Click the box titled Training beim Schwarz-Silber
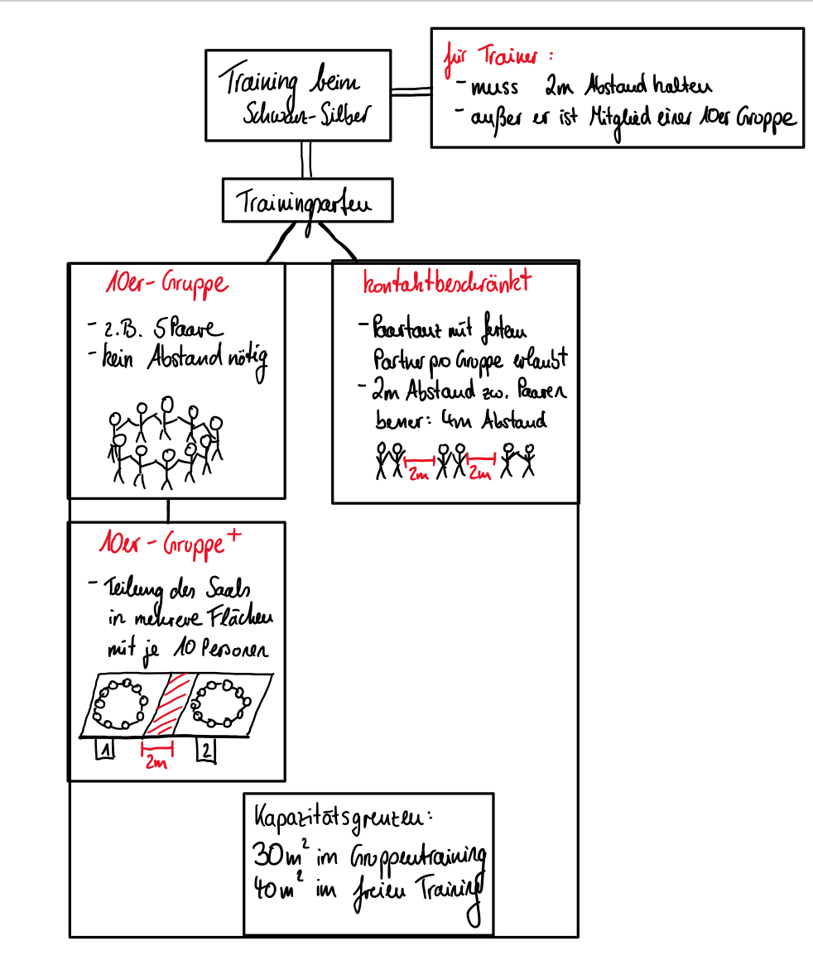point(298,95)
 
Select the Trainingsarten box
point(307,201)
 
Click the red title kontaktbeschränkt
point(446,284)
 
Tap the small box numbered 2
point(206,750)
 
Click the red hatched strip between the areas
point(170,704)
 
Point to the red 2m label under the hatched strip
point(156,762)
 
